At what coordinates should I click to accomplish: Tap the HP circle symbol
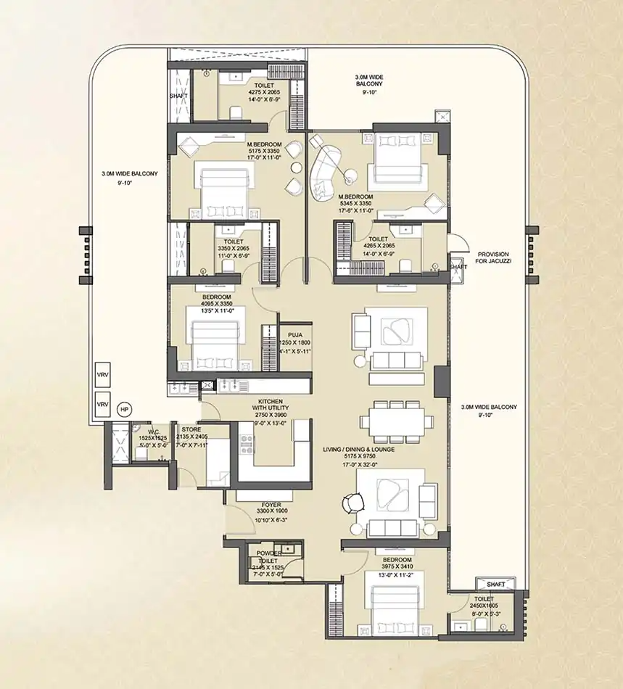125,409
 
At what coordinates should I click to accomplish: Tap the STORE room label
191,429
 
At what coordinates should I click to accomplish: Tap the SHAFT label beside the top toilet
178,95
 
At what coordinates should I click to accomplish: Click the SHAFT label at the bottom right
496,584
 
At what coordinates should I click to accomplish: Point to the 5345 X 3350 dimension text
355,204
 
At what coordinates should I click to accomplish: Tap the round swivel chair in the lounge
352,503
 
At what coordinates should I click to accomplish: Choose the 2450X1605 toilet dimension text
484,606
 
